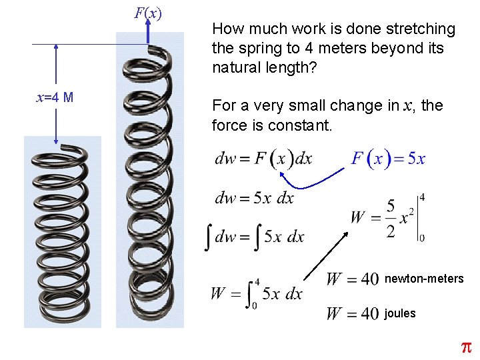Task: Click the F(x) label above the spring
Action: [147, 13]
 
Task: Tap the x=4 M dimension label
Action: [55, 97]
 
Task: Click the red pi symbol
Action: [466, 347]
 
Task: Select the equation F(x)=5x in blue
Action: [388, 159]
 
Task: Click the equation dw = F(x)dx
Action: [263, 159]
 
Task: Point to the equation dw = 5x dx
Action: [254, 197]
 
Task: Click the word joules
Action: [400, 313]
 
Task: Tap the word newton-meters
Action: [424, 279]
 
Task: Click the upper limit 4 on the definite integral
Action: [257, 282]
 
